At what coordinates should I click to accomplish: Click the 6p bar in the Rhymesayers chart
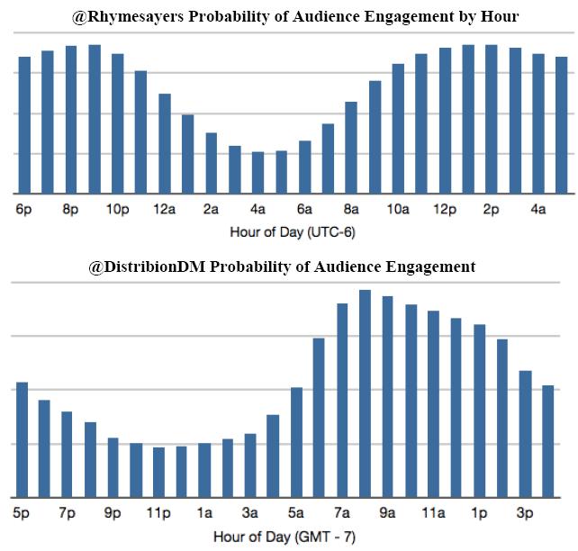tap(24, 125)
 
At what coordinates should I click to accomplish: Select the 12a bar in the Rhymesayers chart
tap(165, 143)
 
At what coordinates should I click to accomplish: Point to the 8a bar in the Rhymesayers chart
tap(351, 148)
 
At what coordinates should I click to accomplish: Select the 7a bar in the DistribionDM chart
tap(342, 400)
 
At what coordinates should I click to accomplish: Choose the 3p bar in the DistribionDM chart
tap(526, 433)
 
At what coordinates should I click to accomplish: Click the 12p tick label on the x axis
tap(445, 210)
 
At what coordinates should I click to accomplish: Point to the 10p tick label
tap(118, 210)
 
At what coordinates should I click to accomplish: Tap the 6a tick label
tap(304, 210)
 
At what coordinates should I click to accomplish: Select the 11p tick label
tap(158, 513)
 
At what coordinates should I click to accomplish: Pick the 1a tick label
tap(204, 513)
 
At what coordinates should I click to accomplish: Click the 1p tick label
tap(480, 513)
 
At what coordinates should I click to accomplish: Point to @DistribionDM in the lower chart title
tap(147, 266)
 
